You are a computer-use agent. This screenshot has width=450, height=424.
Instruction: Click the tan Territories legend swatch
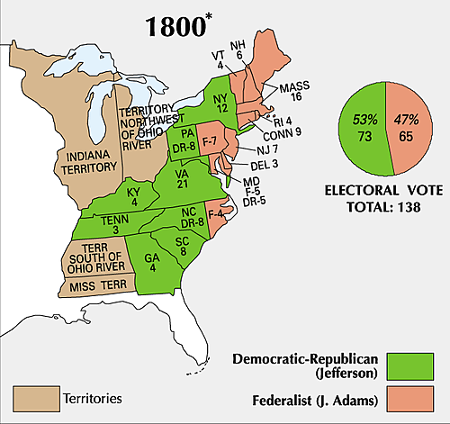pyautogui.click(x=31, y=395)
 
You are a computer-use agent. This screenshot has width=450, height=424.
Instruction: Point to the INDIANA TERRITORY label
pyautogui.click(x=88, y=161)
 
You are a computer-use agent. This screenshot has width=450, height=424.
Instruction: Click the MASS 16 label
pyautogui.click(x=293, y=93)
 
